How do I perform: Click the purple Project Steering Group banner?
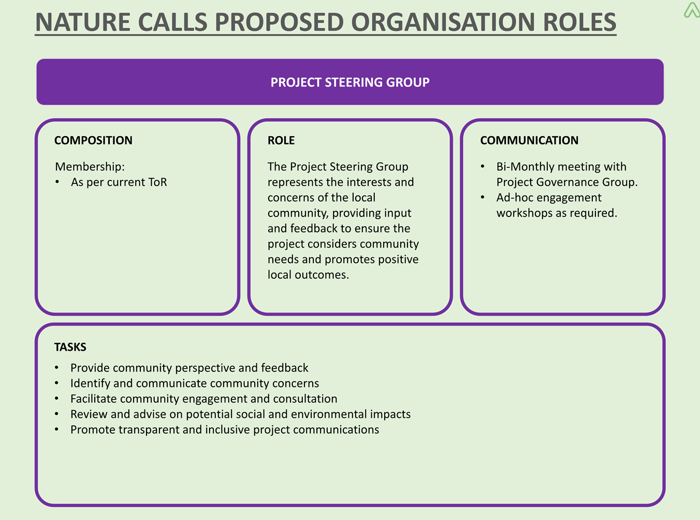pos(350,82)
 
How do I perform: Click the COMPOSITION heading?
pos(93,140)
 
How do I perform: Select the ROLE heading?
pos(281,140)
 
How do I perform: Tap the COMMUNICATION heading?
pos(529,140)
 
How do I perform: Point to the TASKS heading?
pos(70,347)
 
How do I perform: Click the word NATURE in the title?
pos(83,22)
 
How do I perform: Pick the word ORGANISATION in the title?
pos(443,22)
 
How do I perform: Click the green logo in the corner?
pos(692,10)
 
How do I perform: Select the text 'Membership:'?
pos(90,166)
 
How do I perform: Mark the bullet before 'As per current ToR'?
pos(57,182)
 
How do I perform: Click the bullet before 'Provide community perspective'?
pos(56,368)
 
